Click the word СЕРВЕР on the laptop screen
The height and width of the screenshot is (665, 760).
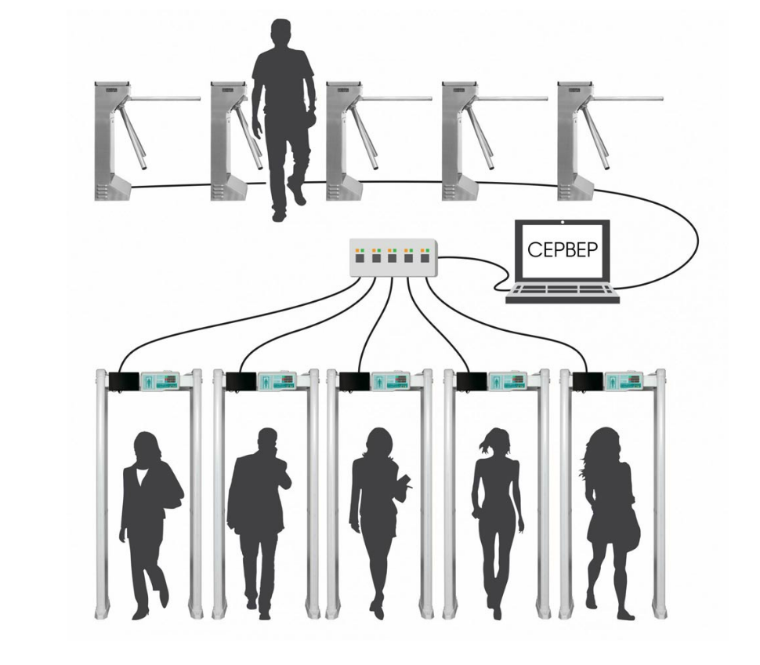(x=563, y=249)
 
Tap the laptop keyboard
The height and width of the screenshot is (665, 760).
(x=563, y=294)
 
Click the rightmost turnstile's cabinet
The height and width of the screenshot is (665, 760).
(x=575, y=140)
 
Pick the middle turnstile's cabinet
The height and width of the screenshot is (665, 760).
(x=344, y=140)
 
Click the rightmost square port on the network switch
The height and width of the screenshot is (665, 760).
(x=425, y=257)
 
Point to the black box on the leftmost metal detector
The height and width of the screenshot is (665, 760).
(x=124, y=381)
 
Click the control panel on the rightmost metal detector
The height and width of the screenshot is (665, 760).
(x=626, y=380)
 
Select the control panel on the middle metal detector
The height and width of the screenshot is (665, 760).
(x=392, y=380)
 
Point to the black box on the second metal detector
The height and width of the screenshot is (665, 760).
(x=241, y=381)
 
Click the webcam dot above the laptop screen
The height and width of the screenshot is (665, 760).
(x=563, y=223)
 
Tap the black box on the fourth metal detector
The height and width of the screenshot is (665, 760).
(x=472, y=381)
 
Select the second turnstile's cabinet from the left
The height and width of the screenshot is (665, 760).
(x=228, y=140)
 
